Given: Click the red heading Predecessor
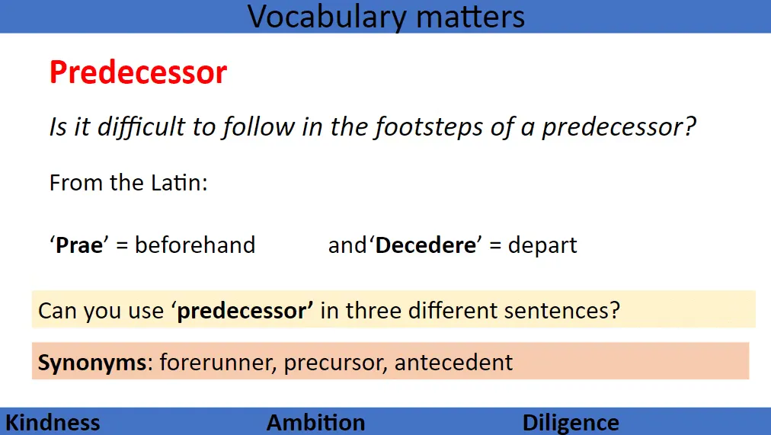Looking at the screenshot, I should coord(138,73).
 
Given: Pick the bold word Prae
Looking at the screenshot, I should coord(79,245).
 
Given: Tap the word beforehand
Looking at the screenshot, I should coord(195,245).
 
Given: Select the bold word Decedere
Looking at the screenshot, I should coord(423,245).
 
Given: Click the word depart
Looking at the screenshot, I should coord(542,245).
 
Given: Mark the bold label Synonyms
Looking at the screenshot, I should coord(92,362).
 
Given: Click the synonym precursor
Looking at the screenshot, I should coord(334,362).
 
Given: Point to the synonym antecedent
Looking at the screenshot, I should coord(453,362).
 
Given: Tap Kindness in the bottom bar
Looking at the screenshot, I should coord(53,423).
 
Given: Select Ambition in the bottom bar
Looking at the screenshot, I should coord(315,423).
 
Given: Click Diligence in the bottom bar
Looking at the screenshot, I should coord(571,423).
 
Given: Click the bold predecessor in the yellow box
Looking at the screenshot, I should coord(245,311).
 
